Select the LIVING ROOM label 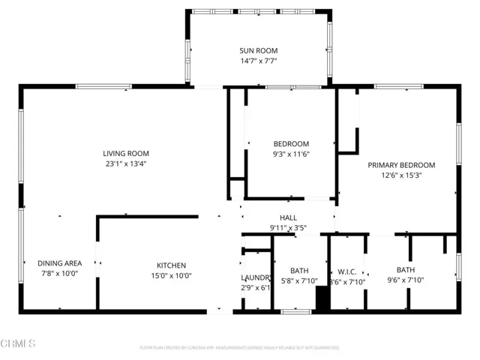point(124,153)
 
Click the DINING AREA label point(58,263)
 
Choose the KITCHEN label point(171,265)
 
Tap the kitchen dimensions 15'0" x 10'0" point(171,275)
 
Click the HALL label point(289,217)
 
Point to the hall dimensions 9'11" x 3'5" point(289,227)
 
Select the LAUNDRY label point(256,277)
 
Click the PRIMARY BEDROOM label point(401,165)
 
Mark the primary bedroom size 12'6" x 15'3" point(401,175)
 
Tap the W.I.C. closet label point(346,271)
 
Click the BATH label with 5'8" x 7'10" point(299,270)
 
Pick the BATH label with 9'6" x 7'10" point(406,270)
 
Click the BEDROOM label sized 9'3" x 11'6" point(290,144)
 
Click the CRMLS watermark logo point(19,343)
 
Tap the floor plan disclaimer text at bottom point(239,348)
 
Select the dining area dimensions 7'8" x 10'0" point(58,274)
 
